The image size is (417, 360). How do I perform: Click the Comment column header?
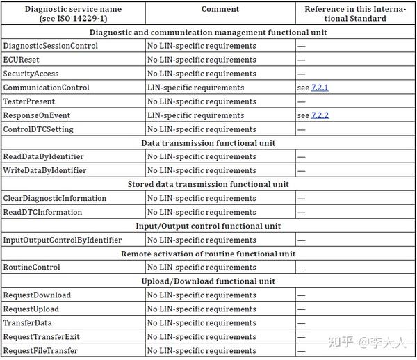pyautogui.click(x=220, y=10)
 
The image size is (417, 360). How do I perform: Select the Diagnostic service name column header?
pyautogui.click(x=72, y=14)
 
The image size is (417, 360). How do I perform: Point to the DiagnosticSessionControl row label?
pyautogui.click(x=50, y=46)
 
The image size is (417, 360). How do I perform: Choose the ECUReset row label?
pyautogui.click(x=21, y=60)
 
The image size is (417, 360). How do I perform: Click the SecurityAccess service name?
pyautogui.click(x=31, y=74)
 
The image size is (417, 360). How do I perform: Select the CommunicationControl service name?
pyautogui.click(x=46, y=88)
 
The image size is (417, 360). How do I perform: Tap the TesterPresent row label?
pyautogui.click(x=28, y=101)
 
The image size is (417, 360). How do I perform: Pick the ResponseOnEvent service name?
pyautogui.click(x=37, y=115)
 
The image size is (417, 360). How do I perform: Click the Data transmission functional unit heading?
pyautogui.click(x=208, y=143)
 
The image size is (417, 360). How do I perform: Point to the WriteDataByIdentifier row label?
pyautogui.click(x=44, y=170)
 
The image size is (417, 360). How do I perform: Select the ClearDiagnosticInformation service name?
pyautogui.click(x=55, y=198)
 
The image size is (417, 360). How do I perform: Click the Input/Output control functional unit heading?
pyautogui.click(x=208, y=226)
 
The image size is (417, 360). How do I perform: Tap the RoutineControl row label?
pyautogui.click(x=31, y=267)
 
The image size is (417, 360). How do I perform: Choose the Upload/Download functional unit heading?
pyautogui.click(x=208, y=281)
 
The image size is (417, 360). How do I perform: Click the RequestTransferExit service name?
pyautogui.click(x=41, y=336)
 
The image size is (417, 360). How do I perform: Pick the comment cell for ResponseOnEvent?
pyautogui.click(x=195, y=115)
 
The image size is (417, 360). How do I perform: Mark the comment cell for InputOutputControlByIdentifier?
pyautogui.click(x=202, y=240)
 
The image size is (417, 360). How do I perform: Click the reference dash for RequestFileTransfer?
pyautogui.click(x=301, y=351)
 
